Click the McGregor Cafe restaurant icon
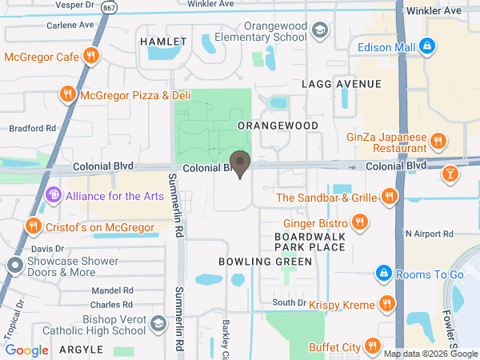(x=92, y=57)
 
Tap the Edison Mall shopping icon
(x=427, y=47)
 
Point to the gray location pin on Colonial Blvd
(x=239, y=162)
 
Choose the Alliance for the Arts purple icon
(x=54, y=195)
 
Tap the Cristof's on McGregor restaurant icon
(x=34, y=226)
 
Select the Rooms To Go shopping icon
(x=384, y=274)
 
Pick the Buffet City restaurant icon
(x=372, y=346)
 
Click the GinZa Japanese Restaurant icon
(x=437, y=142)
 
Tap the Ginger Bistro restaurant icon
(x=360, y=222)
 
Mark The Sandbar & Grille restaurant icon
(x=389, y=197)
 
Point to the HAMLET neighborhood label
(x=162, y=41)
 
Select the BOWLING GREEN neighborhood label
(x=254, y=262)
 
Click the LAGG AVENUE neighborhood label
(x=342, y=84)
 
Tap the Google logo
(x=27, y=350)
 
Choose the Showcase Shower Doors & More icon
(x=15, y=265)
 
